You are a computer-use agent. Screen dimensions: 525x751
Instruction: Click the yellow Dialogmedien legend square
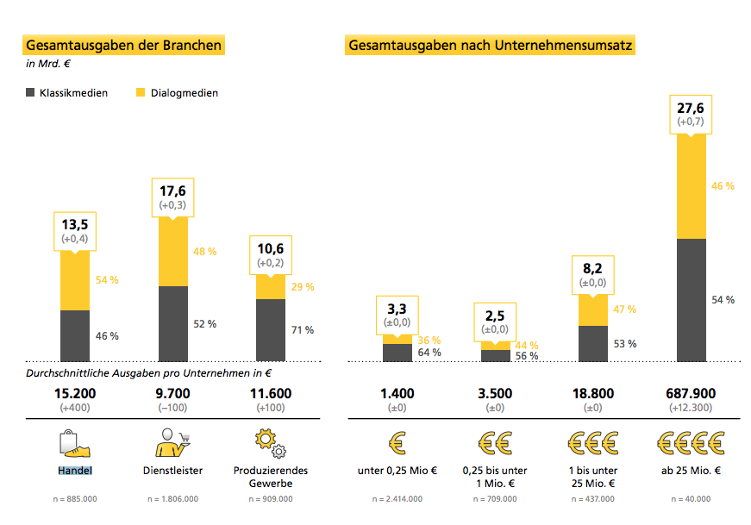[x=141, y=92]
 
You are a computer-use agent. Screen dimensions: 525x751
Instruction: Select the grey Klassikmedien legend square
[x=30, y=92]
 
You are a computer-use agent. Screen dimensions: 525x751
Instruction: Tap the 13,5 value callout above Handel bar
[x=75, y=230]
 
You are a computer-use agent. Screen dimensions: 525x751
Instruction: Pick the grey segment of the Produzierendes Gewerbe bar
[x=271, y=330]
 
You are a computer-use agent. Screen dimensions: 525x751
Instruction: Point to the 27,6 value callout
[x=692, y=114]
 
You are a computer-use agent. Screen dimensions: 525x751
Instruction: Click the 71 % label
[x=303, y=330]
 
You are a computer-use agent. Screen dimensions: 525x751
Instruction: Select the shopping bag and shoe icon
[x=75, y=442]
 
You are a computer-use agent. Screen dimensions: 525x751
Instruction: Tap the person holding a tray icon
[x=172, y=442]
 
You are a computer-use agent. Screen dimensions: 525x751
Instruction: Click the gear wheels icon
[x=270, y=441]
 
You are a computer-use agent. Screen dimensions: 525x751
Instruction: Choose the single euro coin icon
[x=397, y=442]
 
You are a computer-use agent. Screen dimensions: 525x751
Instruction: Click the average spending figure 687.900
[x=692, y=394]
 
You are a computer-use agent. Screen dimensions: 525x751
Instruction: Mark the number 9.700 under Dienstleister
[x=172, y=394]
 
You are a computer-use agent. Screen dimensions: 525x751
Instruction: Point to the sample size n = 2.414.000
[x=397, y=499]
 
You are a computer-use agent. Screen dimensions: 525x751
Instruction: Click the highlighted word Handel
[x=75, y=471]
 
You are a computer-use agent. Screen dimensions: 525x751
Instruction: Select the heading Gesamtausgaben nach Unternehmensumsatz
[x=491, y=45]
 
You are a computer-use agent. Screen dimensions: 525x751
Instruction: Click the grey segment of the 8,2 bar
[x=593, y=343]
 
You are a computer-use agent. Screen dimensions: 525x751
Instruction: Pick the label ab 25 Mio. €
[x=692, y=471]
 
